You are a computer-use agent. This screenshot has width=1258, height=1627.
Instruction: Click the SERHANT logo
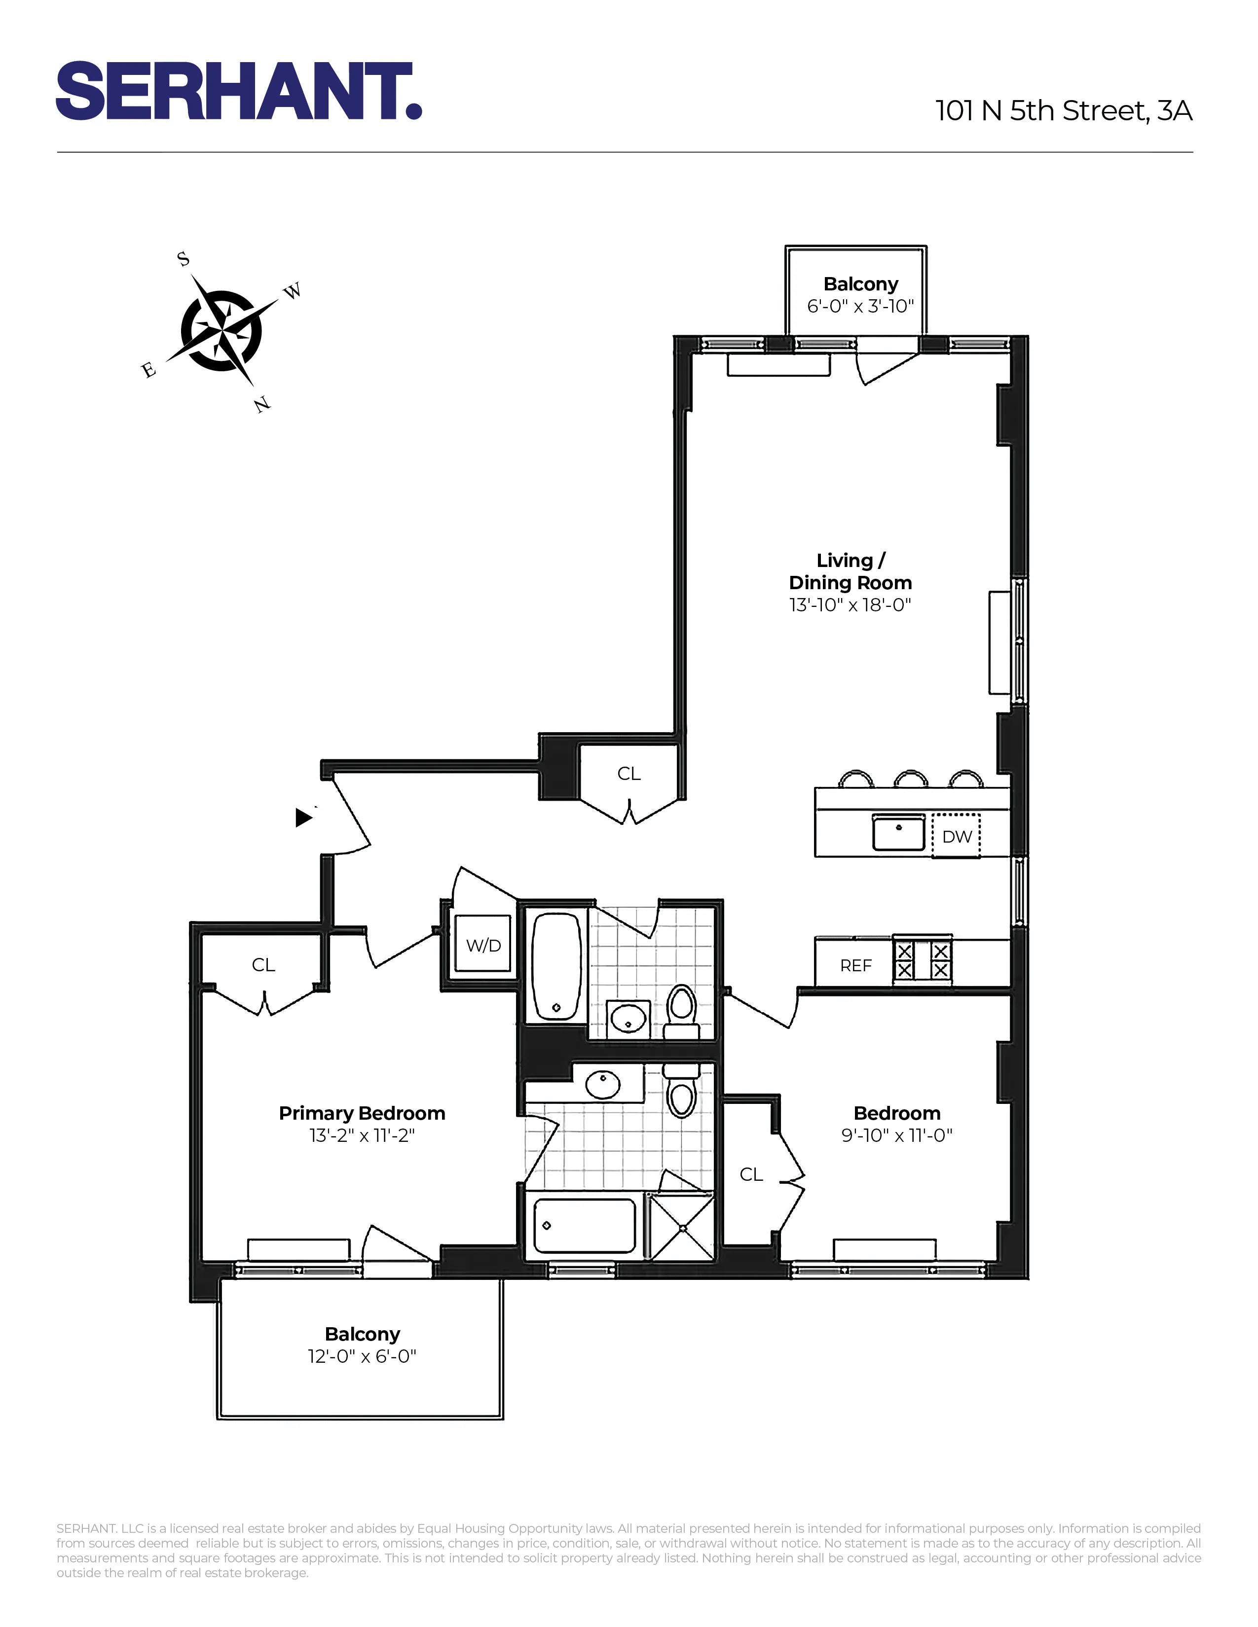click(x=238, y=91)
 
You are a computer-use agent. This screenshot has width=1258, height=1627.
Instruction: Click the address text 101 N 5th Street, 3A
click(x=1064, y=111)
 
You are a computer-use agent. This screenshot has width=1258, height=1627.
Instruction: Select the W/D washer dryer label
click(x=483, y=945)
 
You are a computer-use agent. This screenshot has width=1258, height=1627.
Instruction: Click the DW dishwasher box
click(x=956, y=836)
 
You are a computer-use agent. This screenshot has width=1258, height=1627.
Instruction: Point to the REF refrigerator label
click(x=855, y=965)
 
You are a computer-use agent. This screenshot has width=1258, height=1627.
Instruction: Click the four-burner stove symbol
click(x=923, y=960)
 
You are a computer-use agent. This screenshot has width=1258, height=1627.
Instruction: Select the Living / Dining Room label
click(x=851, y=571)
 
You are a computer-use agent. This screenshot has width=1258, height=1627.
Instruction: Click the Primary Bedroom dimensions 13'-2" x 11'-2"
click(x=362, y=1135)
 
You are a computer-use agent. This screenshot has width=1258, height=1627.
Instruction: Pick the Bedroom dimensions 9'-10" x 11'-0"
click(x=896, y=1135)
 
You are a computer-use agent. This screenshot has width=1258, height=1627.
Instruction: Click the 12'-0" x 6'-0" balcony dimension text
click(x=362, y=1356)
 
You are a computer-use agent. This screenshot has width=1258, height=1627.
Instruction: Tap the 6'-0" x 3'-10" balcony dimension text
click(x=860, y=306)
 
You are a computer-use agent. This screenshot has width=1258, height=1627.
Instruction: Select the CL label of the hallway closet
click(x=628, y=773)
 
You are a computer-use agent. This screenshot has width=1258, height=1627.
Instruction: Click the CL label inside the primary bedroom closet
click(x=263, y=965)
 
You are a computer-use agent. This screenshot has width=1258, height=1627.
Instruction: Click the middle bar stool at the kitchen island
click(x=911, y=779)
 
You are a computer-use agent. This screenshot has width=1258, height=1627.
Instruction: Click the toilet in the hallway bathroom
click(x=680, y=1009)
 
